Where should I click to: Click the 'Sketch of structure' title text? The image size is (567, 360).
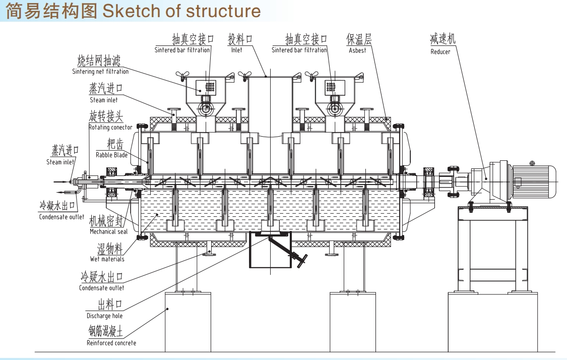181,11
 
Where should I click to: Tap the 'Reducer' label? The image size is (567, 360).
440,51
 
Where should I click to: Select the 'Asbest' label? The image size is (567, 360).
357,51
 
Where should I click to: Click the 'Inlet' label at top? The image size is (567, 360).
236,50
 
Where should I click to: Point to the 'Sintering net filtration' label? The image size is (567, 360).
100,72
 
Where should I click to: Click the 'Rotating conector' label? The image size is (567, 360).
110,127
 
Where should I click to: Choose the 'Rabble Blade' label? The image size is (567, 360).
111,155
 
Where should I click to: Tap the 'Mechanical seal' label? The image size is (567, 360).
108,231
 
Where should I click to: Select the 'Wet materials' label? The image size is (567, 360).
107,259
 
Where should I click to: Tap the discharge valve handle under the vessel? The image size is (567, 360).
301,262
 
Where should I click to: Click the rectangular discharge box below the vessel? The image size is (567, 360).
262,252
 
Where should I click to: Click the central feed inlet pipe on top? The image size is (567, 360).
270,101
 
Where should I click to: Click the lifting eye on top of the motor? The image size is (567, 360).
532,163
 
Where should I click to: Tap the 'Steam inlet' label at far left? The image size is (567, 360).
60,162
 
